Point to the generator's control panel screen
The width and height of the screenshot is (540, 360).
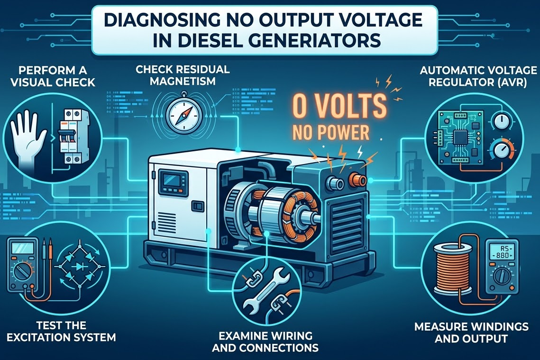coord(170,181)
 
